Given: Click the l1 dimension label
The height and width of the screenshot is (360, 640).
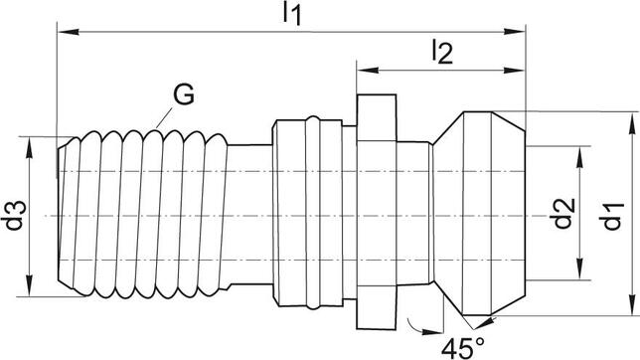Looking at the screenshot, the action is [x=292, y=14].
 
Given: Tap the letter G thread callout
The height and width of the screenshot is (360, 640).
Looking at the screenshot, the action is [x=184, y=94].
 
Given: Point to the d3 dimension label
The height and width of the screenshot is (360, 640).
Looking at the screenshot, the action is [x=14, y=216].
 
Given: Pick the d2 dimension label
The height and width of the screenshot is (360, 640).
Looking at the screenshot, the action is [x=562, y=213].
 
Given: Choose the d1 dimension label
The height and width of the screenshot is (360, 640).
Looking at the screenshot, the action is [x=611, y=216].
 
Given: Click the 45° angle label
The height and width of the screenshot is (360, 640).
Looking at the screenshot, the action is [x=463, y=348].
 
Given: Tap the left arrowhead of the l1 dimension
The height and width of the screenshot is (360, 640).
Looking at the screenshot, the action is [x=69, y=32].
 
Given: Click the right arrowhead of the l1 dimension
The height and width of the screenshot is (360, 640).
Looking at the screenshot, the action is [x=515, y=32].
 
